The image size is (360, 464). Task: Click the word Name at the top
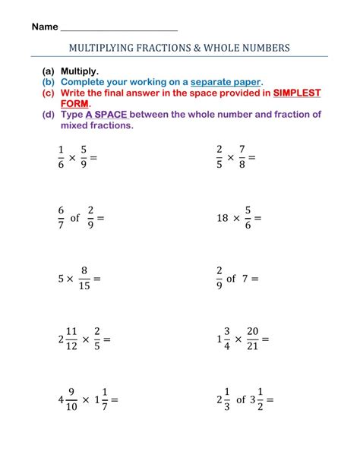click(x=45, y=27)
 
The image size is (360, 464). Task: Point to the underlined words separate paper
click(x=226, y=81)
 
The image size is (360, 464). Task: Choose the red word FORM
click(x=76, y=103)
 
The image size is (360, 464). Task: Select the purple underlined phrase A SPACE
click(x=107, y=115)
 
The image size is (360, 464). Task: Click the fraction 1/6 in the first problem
click(x=61, y=157)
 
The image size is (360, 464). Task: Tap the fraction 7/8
click(x=242, y=157)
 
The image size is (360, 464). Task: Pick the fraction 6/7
click(x=61, y=218)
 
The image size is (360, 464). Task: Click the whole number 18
click(x=223, y=218)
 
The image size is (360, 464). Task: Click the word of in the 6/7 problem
click(x=74, y=218)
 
